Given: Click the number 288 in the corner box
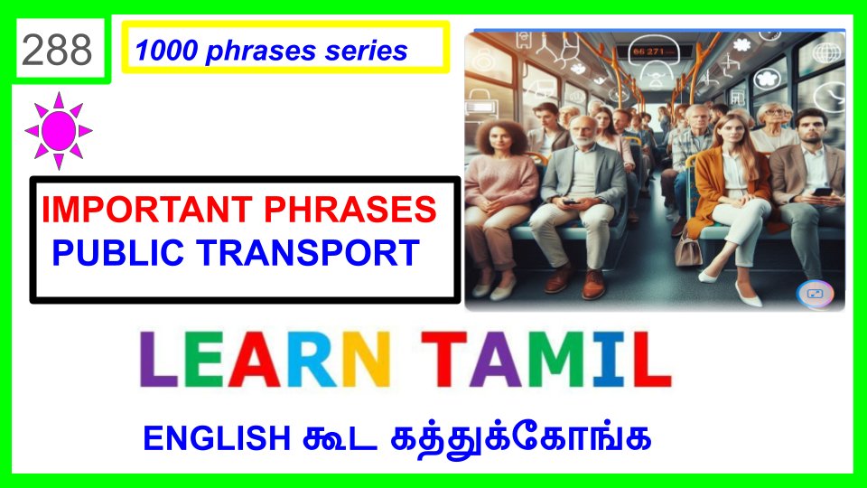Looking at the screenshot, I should [x=57, y=50].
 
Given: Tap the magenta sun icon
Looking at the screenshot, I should [x=59, y=130].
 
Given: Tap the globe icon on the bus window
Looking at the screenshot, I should [x=826, y=53].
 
